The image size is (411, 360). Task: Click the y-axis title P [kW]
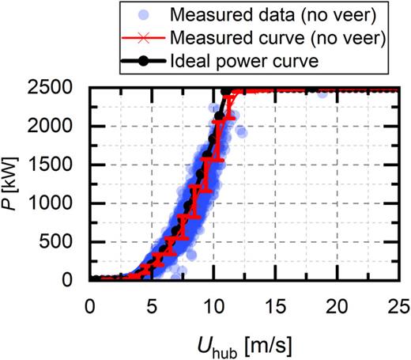click(17, 184)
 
